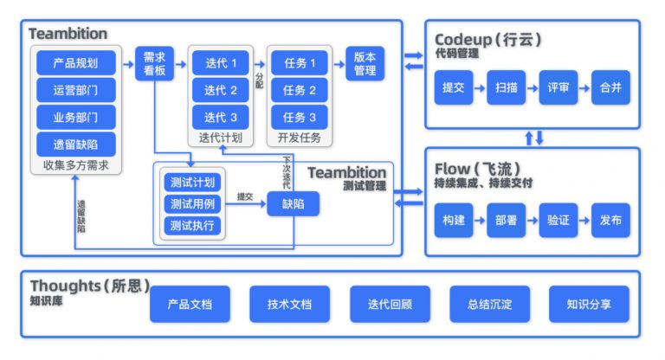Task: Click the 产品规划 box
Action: (x=75, y=63)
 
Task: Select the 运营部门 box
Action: (x=75, y=90)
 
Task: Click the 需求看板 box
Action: (x=155, y=63)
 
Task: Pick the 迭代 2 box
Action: (x=221, y=90)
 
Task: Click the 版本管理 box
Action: (x=365, y=63)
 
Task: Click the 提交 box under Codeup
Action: (x=453, y=87)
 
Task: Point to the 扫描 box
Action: (x=506, y=87)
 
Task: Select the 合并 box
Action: (x=610, y=87)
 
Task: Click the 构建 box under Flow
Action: (x=453, y=220)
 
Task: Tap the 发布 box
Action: (x=610, y=220)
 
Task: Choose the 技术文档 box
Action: (x=289, y=304)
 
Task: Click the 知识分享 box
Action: (x=588, y=304)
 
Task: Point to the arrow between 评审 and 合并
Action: (x=584, y=87)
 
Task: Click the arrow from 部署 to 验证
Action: (x=532, y=220)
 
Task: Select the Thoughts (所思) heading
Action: (x=90, y=286)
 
